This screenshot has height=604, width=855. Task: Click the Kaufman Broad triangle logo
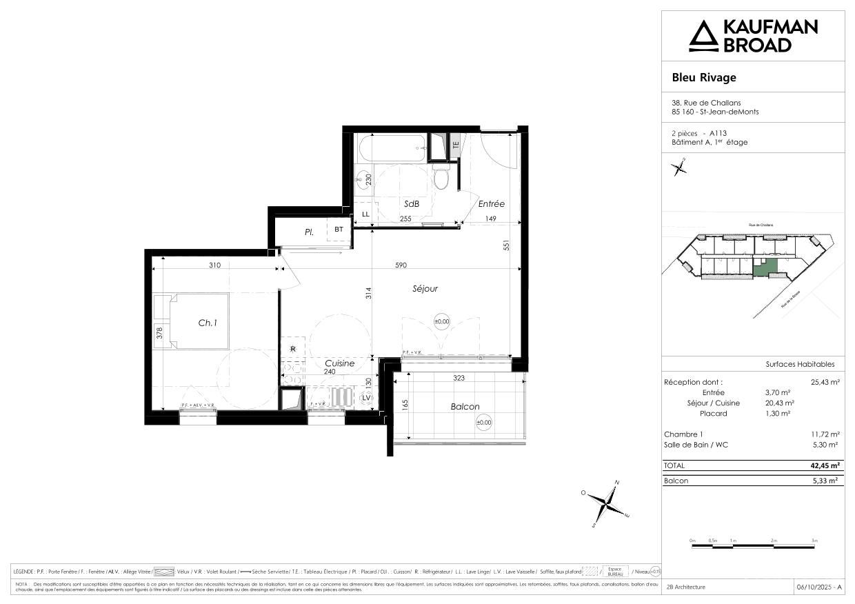pyautogui.click(x=704, y=36)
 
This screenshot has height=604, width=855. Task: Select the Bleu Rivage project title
pyautogui.click(x=704, y=77)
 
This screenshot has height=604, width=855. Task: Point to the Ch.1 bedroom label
pyautogui.click(x=208, y=321)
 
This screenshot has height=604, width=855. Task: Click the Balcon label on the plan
pyautogui.click(x=465, y=407)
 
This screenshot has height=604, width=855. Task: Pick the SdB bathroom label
pyautogui.click(x=412, y=204)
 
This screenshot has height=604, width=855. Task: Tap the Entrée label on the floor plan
pyautogui.click(x=492, y=204)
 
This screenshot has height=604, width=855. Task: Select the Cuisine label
pyautogui.click(x=339, y=363)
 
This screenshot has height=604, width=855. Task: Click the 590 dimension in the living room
pyautogui.click(x=401, y=265)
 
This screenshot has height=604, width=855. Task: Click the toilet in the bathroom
pyautogui.click(x=442, y=178)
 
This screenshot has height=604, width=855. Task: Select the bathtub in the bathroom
pyautogui.click(x=391, y=146)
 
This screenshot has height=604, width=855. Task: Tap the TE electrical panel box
pyautogui.click(x=455, y=145)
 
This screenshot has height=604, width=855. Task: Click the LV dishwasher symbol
pyautogui.click(x=366, y=398)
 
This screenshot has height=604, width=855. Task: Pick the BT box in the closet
pyautogui.click(x=339, y=230)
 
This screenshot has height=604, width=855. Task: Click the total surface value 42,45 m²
pyautogui.click(x=825, y=465)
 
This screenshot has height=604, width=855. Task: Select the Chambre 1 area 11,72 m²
pyautogui.click(x=825, y=434)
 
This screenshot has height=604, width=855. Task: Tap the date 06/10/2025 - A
pyautogui.click(x=818, y=587)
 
